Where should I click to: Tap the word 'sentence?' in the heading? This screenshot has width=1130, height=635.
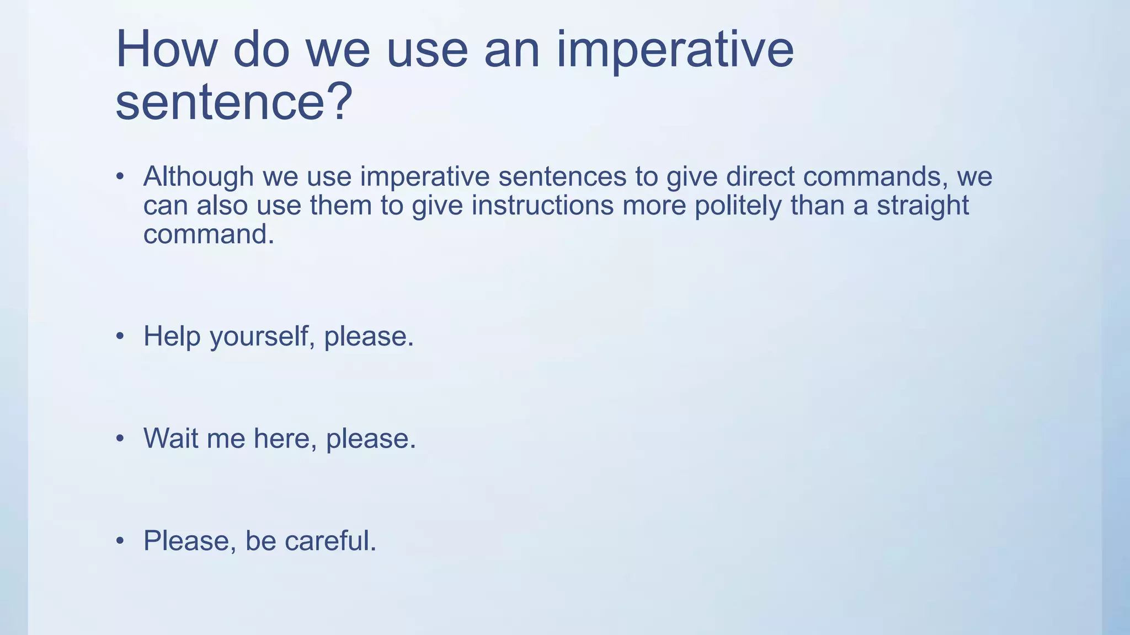[233, 103]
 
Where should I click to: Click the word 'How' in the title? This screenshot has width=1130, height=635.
[166, 51]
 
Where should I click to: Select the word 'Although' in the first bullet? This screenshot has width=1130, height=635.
[198, 177]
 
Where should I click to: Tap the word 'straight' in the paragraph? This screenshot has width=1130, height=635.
[923, 206]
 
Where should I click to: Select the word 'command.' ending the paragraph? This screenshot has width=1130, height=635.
[209, 235]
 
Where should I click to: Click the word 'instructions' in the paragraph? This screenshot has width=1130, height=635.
[542, 206]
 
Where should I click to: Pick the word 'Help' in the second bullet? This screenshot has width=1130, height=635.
[172, 337]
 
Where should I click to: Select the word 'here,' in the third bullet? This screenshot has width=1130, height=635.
[285, 439]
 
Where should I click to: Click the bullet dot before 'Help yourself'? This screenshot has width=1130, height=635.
[120, 337]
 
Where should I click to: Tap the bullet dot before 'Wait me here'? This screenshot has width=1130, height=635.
[120, 439]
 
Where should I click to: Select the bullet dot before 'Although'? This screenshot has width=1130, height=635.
[120, 177]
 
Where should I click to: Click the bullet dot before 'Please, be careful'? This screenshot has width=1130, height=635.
[120, 541]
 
